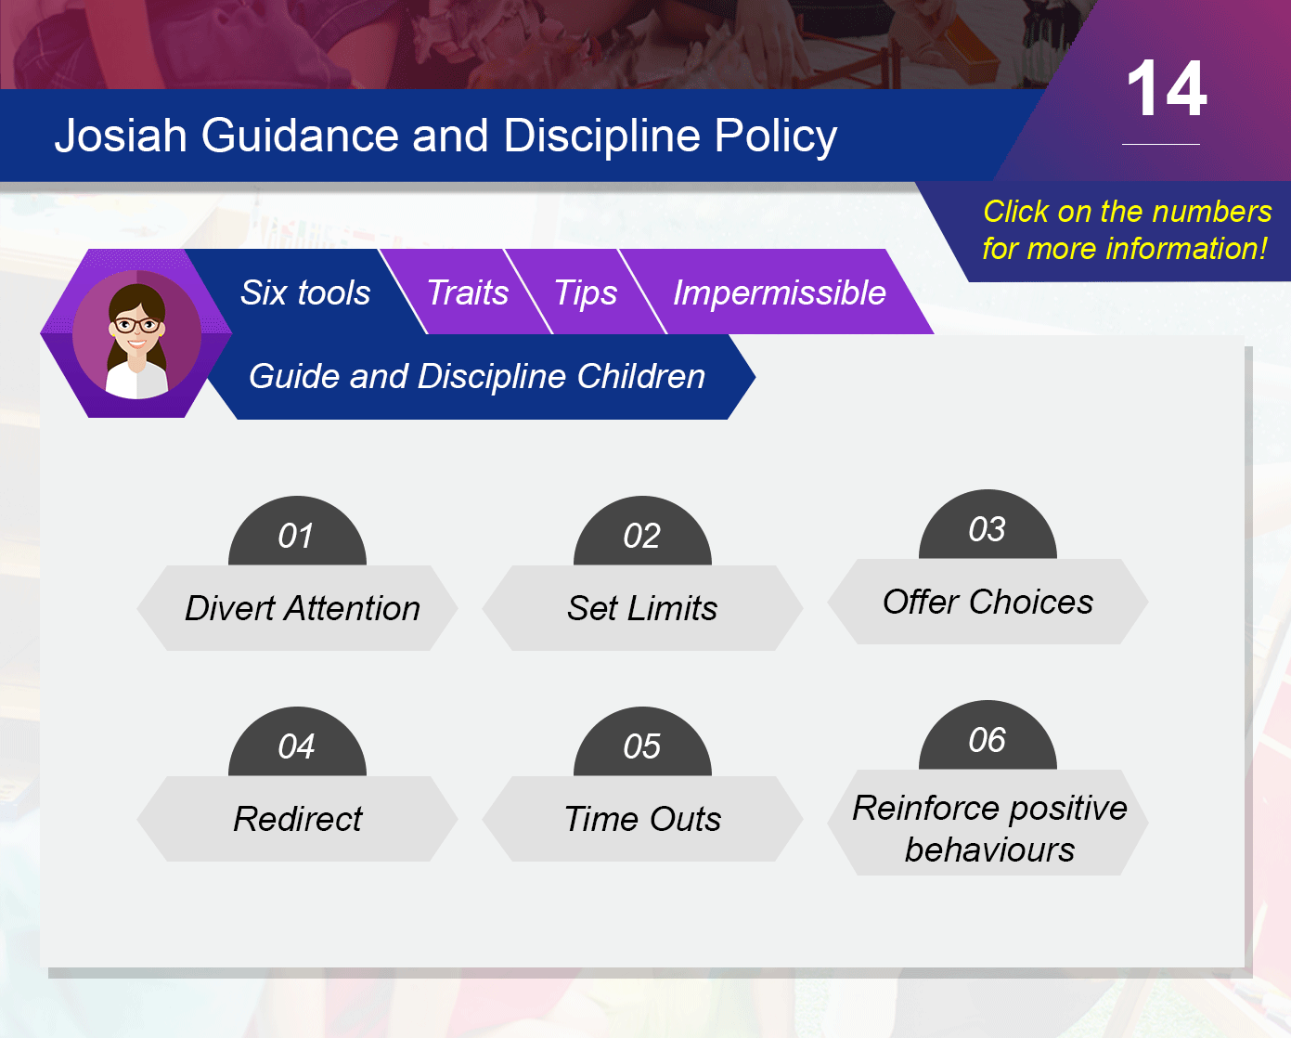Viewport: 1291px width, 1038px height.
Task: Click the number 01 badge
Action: coord(297,532)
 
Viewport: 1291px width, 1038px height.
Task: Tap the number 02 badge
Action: coord(642,532)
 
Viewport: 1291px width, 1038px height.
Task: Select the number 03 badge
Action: coord(988,525)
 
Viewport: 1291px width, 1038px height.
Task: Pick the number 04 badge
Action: coord(297,743)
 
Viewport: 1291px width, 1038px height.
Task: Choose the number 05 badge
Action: coord(642,743)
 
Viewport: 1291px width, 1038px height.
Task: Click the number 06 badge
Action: coord(988,736)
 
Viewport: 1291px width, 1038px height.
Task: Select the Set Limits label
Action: coord(642,608)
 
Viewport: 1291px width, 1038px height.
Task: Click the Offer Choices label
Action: coord(988,602)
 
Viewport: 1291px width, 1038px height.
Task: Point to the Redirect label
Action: coord(298,819)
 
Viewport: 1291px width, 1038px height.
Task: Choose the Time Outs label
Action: coord(642,819)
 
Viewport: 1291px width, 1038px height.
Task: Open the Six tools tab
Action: coord(305,292)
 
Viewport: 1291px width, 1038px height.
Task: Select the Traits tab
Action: coord(467,292)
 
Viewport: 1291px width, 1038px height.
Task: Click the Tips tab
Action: coord(586,292)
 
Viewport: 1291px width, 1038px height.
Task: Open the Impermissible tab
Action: coord(779,292)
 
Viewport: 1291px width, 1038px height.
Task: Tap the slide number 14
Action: coord(1167,89)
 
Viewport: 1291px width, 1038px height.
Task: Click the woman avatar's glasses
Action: coord(137,326)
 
